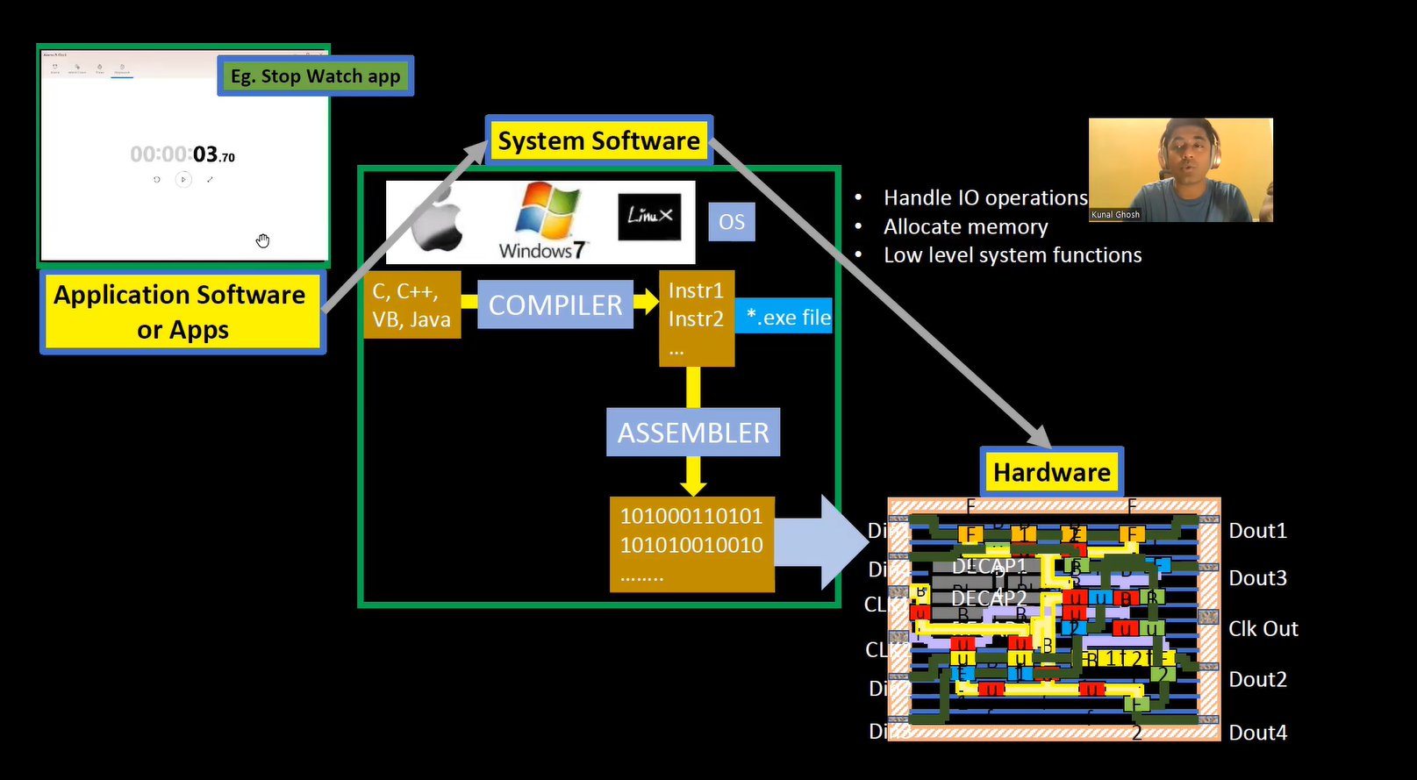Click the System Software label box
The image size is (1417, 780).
click(x=598, y=140)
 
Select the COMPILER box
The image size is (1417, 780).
click(x=555, y=304)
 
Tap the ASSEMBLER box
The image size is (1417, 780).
click(x=692, y=432)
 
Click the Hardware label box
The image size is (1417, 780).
click(x=1051, y=472)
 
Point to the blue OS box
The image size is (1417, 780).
click(x=731, y=222)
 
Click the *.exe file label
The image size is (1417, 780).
click(x=786, y=317)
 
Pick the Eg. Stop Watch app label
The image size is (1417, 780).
click(x=315, y=76)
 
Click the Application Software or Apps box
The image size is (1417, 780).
click(x=182, y=311)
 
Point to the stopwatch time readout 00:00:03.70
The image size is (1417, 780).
click(x=182, y=155)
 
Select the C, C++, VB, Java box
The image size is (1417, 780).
click(x=412, y=304)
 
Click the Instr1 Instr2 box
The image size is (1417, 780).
click(x=696, y=318)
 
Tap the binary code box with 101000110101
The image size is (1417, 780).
click(x=691, y=544)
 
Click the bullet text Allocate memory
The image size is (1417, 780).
click(x=965, y=227)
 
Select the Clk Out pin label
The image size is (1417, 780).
click(x=1262, y=629)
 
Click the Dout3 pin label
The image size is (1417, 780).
click(x=1256, y=578)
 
